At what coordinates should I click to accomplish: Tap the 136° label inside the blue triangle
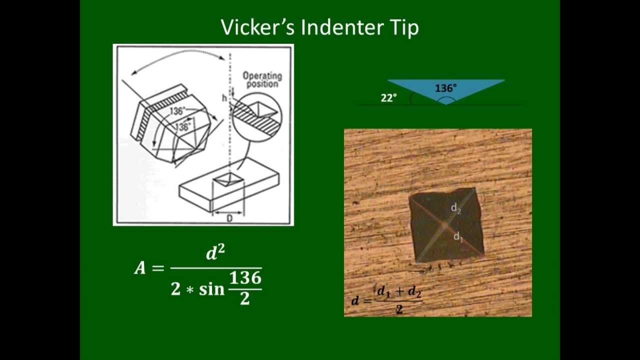pyautogui.click(x=445, y=88)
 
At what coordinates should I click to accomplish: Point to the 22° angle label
pyautogui.click(x=388, y=98)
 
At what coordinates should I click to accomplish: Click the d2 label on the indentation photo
pyautogui.click(x=455, y=207)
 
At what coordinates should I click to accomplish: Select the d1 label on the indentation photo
pyautogui.click(x=458, y=236)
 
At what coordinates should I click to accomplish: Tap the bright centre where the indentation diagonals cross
pyautogui.click(x=444, y=226)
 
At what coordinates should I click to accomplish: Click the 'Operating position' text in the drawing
pyautogui.click(x=262, y=80)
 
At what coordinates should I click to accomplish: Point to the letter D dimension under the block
pyautogui.click(x=229, y=218)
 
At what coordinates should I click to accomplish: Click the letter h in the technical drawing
pyautogui.click(x=224, y=98)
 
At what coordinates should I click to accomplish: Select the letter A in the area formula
pyautogui.click(x=140, y=268)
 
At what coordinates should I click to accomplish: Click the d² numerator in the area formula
pyautogui.click(x=215, y=253)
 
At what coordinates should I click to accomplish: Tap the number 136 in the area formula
pyautogui.click(x=245, y=278)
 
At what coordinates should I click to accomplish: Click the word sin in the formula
pyautogui.click(x=211, y=289)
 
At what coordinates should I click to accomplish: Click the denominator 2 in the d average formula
pyautogui.click(x=399, y=309)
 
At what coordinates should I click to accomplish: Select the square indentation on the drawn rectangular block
pyautogui.click(x=227, y=180)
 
